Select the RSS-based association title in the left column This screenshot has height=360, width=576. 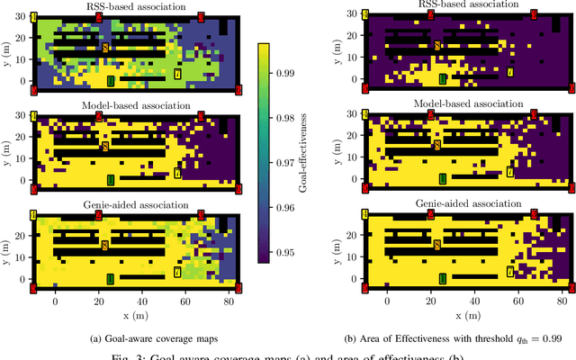[x=136, y=7]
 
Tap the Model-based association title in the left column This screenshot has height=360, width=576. [x=136, y=105]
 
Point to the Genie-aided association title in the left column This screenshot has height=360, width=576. [x=136, y=204]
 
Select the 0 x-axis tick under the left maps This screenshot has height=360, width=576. [x=55, y=304]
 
